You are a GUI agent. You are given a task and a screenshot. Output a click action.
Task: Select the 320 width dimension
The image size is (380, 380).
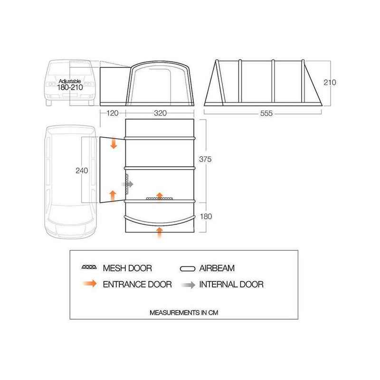point(160,114)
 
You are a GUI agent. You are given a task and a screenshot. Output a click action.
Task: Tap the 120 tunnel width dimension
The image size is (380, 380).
point(112,114)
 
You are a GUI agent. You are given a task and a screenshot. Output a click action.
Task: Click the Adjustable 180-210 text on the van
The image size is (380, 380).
point(69,84)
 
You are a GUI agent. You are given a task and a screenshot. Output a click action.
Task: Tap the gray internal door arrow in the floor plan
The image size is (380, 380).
point(130,183)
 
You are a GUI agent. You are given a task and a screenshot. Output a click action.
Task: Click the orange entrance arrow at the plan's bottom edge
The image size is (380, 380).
point(160,232)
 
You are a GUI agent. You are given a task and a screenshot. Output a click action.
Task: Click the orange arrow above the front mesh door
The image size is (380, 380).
point(160,195)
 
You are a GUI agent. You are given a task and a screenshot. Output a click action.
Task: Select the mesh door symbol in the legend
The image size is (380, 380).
point(91,268)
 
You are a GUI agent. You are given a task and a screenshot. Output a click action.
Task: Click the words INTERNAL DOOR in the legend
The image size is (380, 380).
point(231,285)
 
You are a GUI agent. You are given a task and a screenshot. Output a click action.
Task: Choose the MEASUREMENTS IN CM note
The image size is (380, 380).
point(184,313)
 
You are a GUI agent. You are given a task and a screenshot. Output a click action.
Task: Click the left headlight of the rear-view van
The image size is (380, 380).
point(50,84)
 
